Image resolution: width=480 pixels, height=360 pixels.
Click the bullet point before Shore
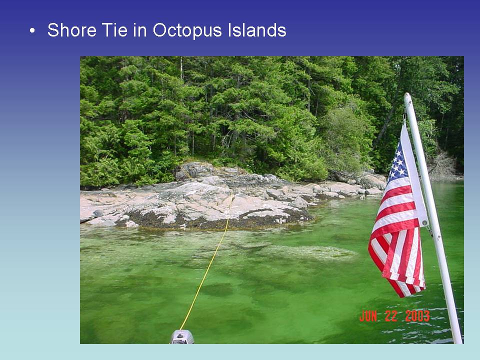(32, 31)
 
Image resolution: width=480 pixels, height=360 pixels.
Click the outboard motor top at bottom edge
(182, 337)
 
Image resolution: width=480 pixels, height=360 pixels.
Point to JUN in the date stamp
(370, 316)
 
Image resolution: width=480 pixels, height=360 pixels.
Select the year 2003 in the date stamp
(417, 316)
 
